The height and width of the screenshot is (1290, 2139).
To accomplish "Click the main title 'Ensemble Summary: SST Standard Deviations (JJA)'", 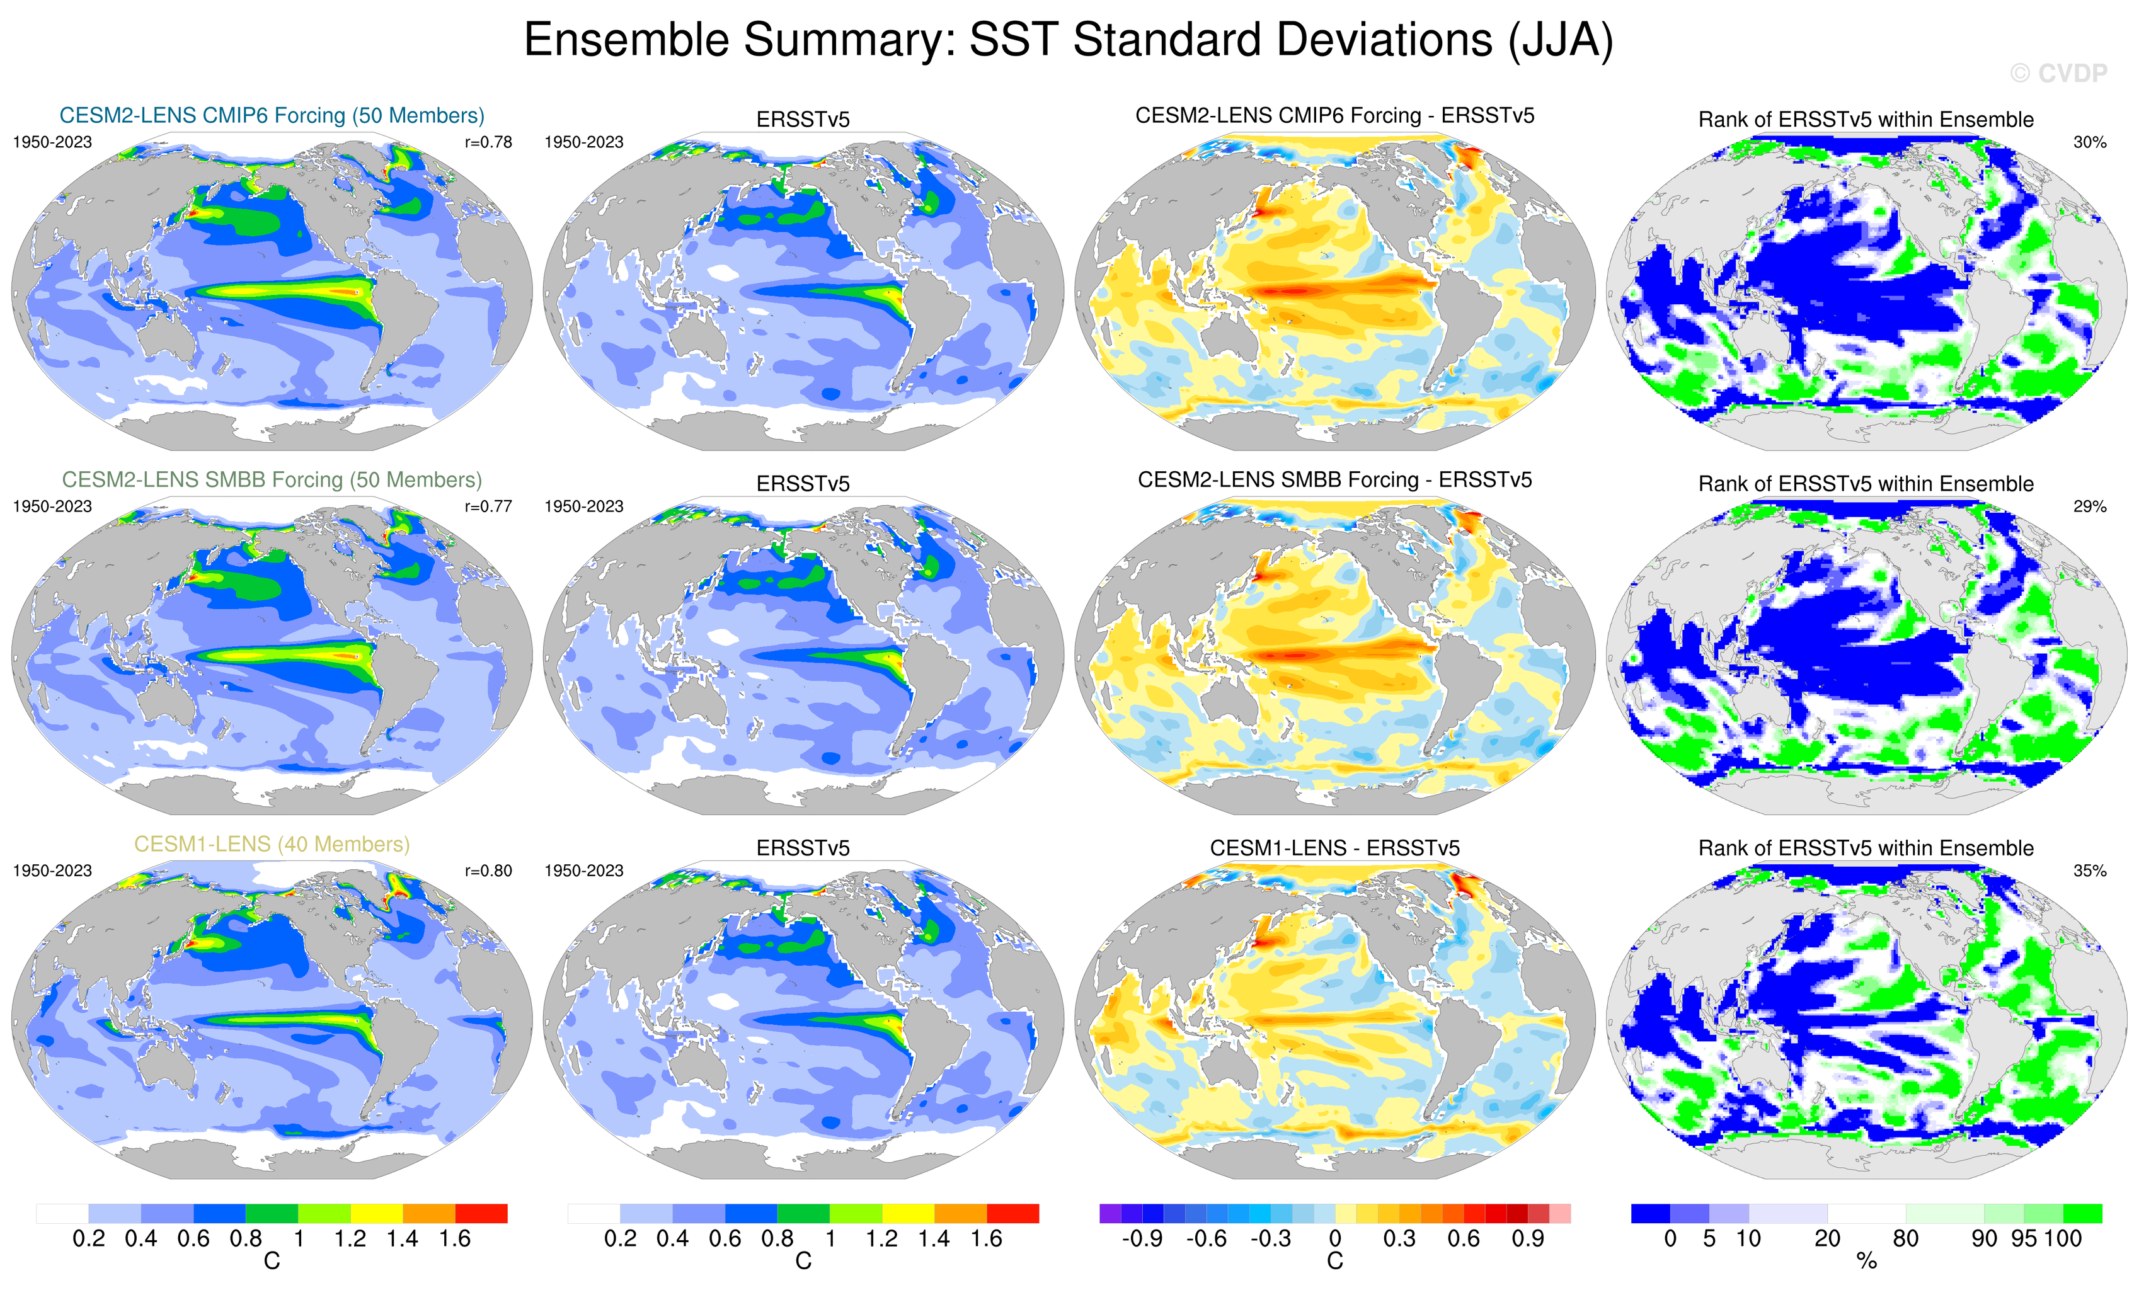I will (1069, 40).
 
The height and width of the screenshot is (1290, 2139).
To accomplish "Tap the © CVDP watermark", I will (2058, 74).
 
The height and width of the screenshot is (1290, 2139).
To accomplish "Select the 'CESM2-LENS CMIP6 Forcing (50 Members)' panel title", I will (272, 115).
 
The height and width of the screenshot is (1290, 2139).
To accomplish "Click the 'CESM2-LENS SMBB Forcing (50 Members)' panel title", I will (272, 480).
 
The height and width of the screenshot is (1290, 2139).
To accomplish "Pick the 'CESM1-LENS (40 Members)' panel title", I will (272, 844).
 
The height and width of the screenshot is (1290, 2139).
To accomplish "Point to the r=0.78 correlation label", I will (488, 142).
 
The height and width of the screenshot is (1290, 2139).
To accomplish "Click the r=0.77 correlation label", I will (488, 506).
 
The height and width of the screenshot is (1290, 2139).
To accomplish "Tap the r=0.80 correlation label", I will (488, 870).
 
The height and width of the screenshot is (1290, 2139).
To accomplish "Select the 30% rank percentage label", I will (2089, 142).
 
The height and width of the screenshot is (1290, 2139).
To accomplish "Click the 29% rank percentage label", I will (2089, 506).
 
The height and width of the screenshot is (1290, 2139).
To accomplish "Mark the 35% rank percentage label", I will (2089, 870).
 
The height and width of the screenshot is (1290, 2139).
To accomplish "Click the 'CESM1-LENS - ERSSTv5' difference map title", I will (1334, 848).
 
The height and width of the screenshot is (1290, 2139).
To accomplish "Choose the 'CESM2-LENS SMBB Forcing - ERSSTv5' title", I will (1334, 480).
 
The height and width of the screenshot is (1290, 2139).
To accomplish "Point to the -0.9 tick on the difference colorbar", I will (1142, 1239).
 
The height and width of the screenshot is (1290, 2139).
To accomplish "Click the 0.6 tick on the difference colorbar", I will (1464, 1239).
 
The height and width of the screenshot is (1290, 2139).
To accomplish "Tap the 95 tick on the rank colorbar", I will (2024, 1239).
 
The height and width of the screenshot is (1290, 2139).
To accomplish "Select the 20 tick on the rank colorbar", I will (1827, 1239).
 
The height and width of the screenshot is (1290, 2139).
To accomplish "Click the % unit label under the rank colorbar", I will (1866, 1262).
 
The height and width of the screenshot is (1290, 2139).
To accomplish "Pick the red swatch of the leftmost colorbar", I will (481, 1213).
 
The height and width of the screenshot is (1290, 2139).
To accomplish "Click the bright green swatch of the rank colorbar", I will (2082, 1213).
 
